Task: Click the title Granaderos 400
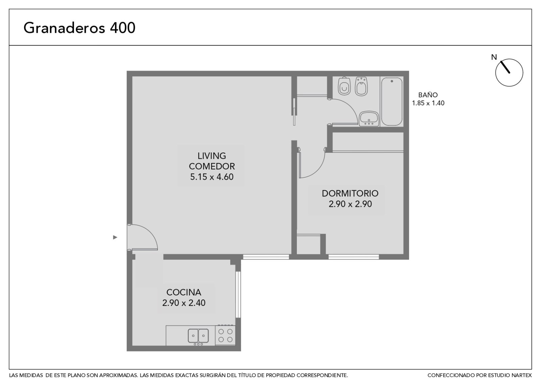point(79,28)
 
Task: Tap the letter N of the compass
point(494,57)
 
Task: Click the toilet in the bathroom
point(344,86)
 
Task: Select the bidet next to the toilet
point(361,86)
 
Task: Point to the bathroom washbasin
point(369,119)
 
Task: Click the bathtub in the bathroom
point(392,102)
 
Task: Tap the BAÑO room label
point(428,95)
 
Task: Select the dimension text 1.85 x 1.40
point(428,103)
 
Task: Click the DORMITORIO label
point(350,193)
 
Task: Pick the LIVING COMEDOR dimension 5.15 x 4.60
point(212,177)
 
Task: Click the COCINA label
point(184,292)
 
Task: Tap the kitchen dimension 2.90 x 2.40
point(184,303)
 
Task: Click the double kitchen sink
point(198,336)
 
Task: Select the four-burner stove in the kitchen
point(225,335)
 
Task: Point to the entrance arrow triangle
point(115,237)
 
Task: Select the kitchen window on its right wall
point(238,294)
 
